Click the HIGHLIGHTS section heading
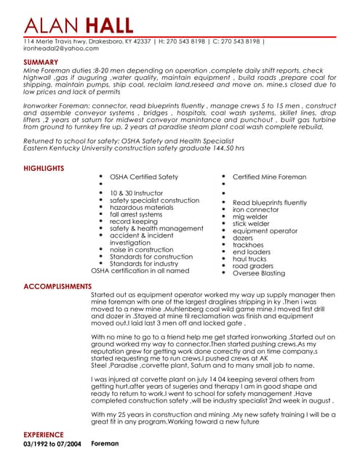[x=44, y=168]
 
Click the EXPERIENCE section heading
[x=44, y=434]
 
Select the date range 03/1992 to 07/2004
[x=52, y=443]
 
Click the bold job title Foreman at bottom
[x=105, y=443]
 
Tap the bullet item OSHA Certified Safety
[x=143, y=177]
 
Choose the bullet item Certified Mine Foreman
[x=269, y=177]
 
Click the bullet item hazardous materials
[x=141, y=207]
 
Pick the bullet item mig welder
[x=250, y=217]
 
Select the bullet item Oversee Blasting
[x=259, y=273]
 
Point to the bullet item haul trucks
[x=249, y=259]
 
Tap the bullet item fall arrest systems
[x=136, y=214]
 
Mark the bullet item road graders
[x=252, y=266]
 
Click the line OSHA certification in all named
[x=140, y=270]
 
